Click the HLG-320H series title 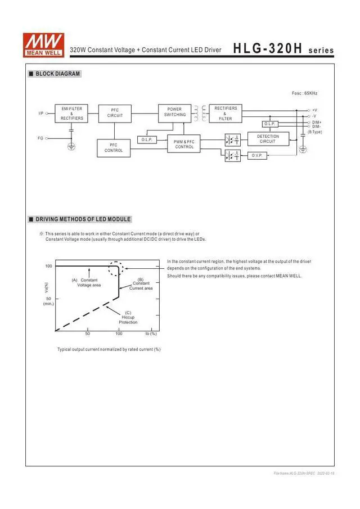coord(283,49)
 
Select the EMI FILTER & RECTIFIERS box coord(72,114)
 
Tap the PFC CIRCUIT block coord(115,113)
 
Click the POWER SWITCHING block coord(174,112)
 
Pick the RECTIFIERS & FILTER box coord(226,113)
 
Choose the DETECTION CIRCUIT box coord(268,139)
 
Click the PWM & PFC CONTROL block coord(184,145)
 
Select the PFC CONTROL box coord(114,148)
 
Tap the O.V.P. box coord(257,155)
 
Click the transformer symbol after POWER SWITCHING coord(200,112)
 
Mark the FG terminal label coord(40,138)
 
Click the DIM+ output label coord(317,122)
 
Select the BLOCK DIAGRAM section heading coord(57,74)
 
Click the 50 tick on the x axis coord(87,334)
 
